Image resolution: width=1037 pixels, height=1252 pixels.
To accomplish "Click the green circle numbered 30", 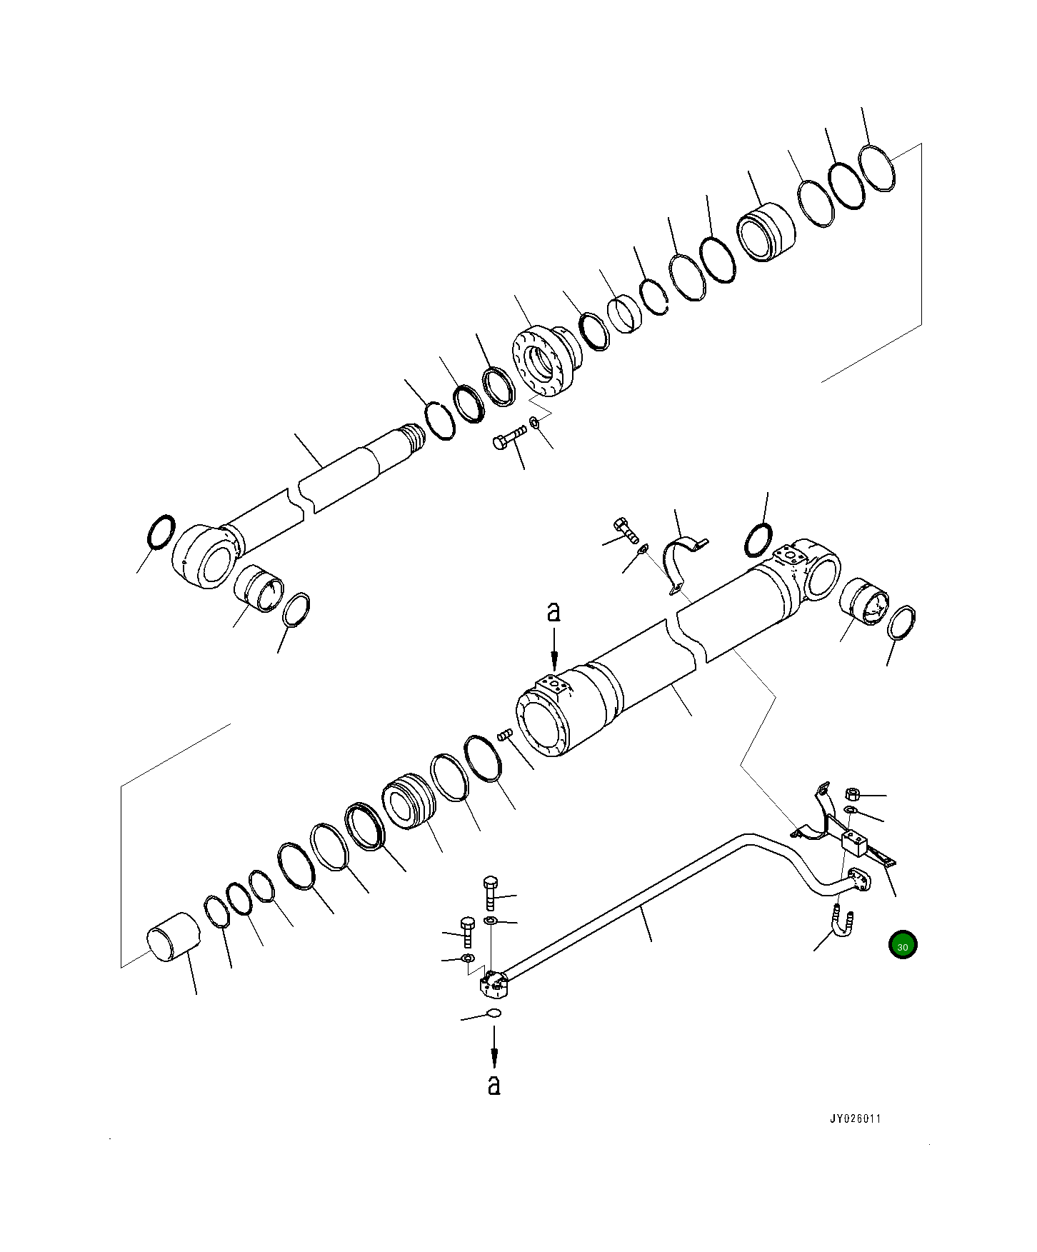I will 903,946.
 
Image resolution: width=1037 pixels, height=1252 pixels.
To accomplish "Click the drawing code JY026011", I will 854,1138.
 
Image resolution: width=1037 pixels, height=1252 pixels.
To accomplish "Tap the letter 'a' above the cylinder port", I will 553,612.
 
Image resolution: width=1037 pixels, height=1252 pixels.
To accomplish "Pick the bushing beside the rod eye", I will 259,587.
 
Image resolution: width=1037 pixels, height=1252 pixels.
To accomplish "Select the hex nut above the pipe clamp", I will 851,793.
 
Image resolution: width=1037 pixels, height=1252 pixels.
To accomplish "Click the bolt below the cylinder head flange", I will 509,437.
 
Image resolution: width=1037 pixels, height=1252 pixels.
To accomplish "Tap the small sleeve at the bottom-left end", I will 174,936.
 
